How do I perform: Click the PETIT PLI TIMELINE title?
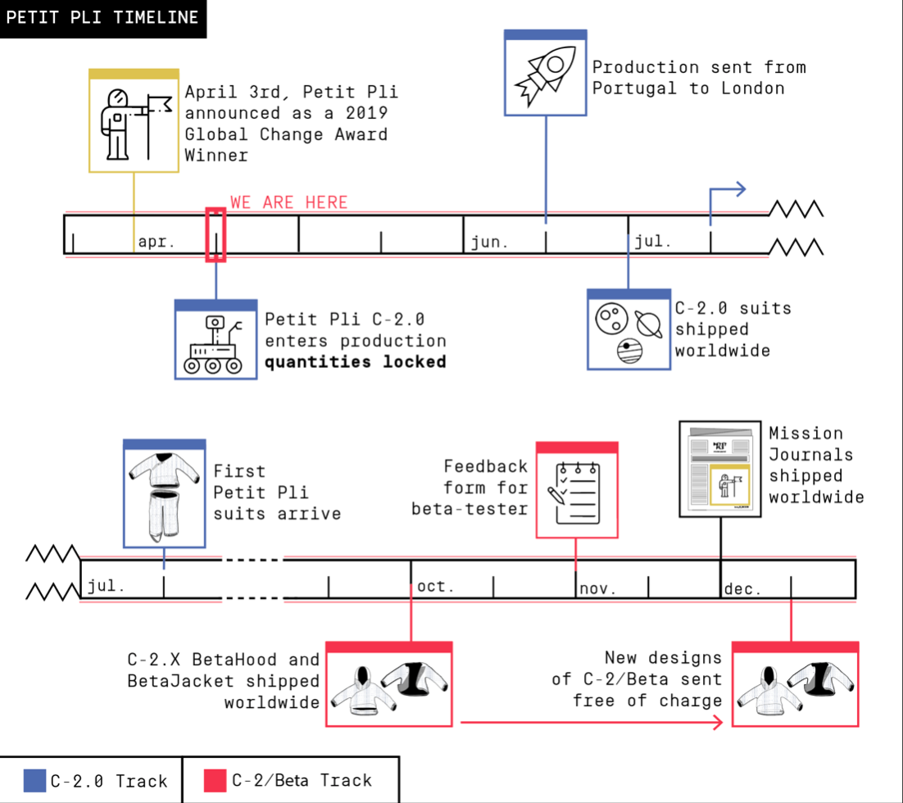pos(102,18)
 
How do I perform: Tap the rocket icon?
pos(545,76)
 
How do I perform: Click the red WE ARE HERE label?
pos(289,202)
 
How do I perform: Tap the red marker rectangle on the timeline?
pos(216,235)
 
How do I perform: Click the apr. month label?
pos(157,243)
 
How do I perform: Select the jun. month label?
pos(490,243)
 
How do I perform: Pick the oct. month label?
pos(436,588)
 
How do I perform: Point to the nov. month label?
pos(598,589)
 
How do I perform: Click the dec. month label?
pos(743,589)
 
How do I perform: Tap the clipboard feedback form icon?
pos(576,493)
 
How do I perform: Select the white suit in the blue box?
pos(164,496)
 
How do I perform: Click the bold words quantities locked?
pos(355,361)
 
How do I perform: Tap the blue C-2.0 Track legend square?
pos(35,781)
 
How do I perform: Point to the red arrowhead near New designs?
pos(719,722)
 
